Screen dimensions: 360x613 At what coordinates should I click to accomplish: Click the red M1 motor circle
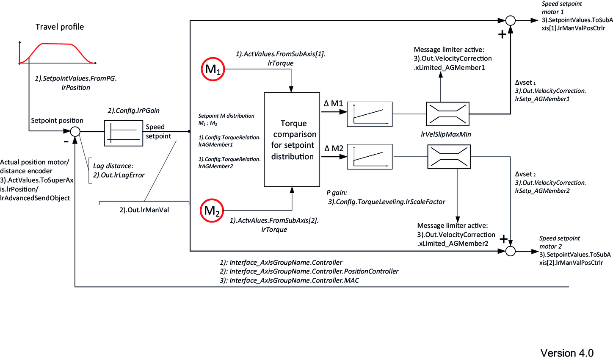click(213, 69)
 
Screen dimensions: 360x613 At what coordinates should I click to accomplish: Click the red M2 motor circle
click(212, 210)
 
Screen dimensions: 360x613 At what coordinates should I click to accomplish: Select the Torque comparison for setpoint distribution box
click(292, 139)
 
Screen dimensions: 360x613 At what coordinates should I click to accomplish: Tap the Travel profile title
click(60, 27)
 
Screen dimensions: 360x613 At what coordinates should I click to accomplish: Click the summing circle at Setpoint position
click(75, 131)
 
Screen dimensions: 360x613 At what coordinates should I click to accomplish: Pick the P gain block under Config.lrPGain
click(123, 133)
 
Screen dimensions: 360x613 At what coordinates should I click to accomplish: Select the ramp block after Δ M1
click(370, 114)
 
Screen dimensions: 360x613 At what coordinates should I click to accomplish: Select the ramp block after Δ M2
click(370, 157)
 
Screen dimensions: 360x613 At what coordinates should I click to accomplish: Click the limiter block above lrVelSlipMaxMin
click(447, 114)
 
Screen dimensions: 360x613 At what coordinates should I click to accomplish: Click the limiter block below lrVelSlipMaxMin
click(449, 157)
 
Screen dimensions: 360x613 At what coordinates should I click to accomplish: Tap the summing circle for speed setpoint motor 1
click(511, 20)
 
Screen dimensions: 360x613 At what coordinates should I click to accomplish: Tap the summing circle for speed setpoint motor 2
click(511, 251)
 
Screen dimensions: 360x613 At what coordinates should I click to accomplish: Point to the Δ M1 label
click(333, 103)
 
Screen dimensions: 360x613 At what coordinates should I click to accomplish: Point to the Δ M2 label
click(334, 148)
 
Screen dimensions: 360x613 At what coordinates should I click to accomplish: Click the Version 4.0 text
click(566, 353)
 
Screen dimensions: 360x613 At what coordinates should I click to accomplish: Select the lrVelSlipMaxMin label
click(445, 134)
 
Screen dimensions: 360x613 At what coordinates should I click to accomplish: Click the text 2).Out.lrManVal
click(144, 210)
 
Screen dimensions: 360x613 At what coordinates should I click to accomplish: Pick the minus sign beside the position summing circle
click(66, 141)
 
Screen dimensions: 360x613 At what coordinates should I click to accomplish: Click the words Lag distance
click(113, 166)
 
